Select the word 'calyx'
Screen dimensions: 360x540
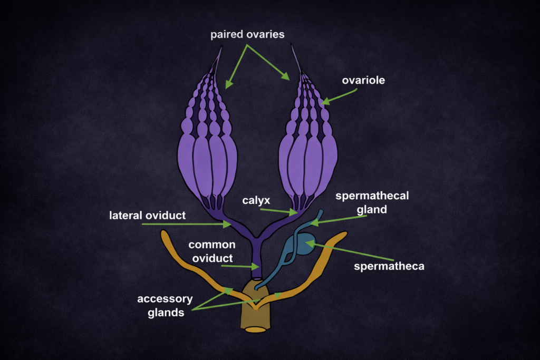pos(256,201)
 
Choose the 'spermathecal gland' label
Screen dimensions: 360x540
pos(372,202)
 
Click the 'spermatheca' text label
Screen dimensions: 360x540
pos(389,266)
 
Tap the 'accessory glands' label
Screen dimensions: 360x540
pos(165,306)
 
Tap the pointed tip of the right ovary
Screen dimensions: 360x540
pos(292,46)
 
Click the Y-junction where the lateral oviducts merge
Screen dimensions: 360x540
pos(257,238)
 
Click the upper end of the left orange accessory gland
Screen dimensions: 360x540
pos(165,234)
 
